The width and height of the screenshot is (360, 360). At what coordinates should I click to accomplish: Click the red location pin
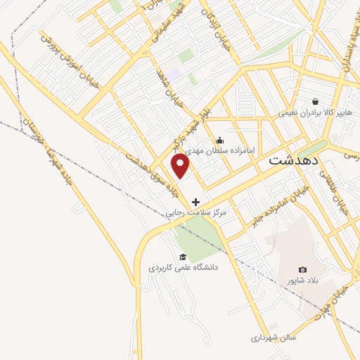click(181, 165)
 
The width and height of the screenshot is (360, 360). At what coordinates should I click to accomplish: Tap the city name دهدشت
click(292, 160)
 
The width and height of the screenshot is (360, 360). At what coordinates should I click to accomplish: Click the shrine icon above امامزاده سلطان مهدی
click(220, 139)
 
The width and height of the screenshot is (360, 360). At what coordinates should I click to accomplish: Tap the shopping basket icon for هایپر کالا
click(315, 101)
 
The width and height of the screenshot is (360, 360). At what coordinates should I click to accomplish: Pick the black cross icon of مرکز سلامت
click(195, 202)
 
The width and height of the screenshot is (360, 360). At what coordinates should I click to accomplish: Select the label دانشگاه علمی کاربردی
click(184, 268)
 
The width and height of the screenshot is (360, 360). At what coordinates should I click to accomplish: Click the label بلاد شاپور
click(302, 281)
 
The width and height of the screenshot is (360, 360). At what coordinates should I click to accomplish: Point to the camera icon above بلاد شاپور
click(303, 270)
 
